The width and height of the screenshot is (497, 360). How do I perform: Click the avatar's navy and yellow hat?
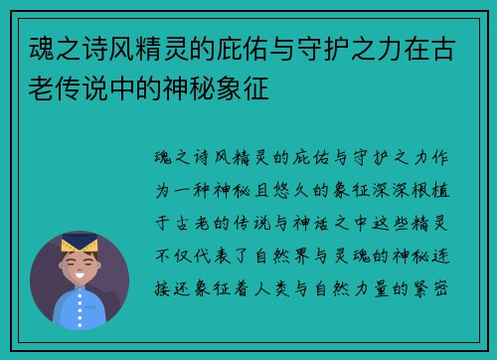(x=80, y=243)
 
